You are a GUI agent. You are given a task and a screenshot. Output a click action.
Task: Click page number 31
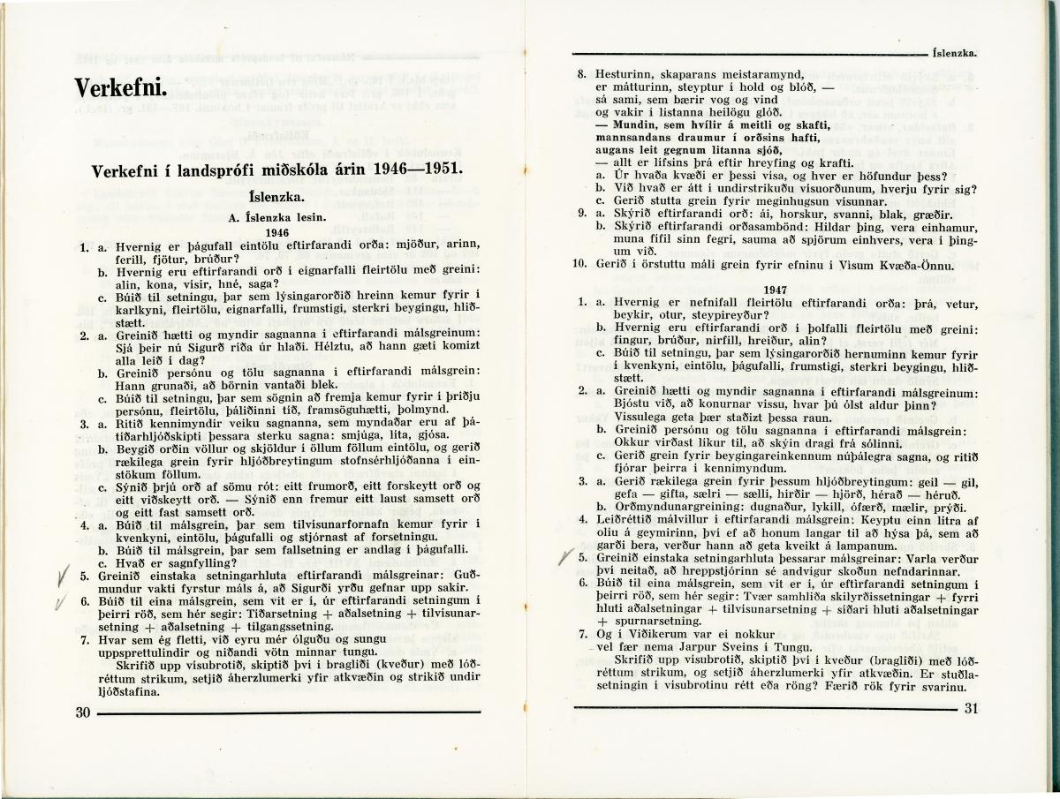[973, 707]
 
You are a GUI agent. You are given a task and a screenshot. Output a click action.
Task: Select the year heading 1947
[775, 289]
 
